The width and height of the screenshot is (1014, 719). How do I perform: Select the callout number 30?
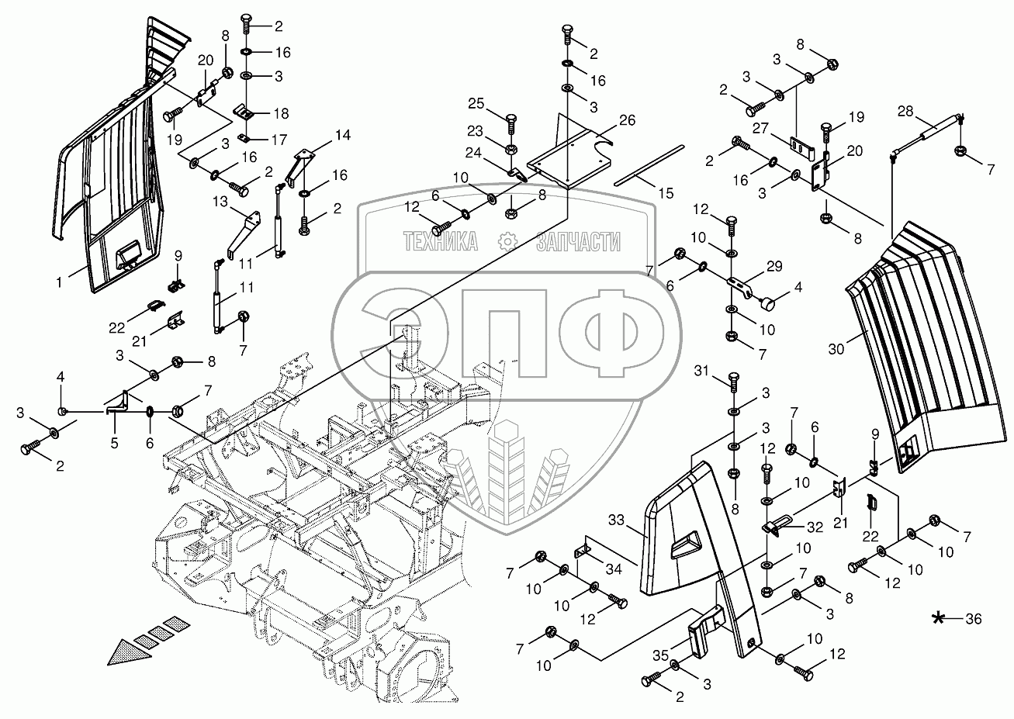pyautogui.click(x=836, y=349)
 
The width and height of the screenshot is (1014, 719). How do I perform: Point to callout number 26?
pyautogui.click(x=627, y=120)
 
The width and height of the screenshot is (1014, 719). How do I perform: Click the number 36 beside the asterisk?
pyautogui.click(x=974, y=618)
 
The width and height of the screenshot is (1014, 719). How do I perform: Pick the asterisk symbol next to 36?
pyautogui.click(x=940, y=618)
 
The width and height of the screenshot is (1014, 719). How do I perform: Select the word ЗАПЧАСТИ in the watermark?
pyautogui.click(x=578, y=242)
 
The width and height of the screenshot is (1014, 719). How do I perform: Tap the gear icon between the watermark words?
pyautogui.click(x=508, y=242)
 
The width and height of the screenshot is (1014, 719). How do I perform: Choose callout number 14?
pyautogui.click(x=342, y=135)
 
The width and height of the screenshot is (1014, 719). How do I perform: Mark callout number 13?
pyautogui.click(x=220, y=202)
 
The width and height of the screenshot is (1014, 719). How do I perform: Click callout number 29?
pyautogui.click(x=773, y=266)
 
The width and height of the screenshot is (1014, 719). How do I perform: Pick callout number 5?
pyautogui.click(x=113, y=444)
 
